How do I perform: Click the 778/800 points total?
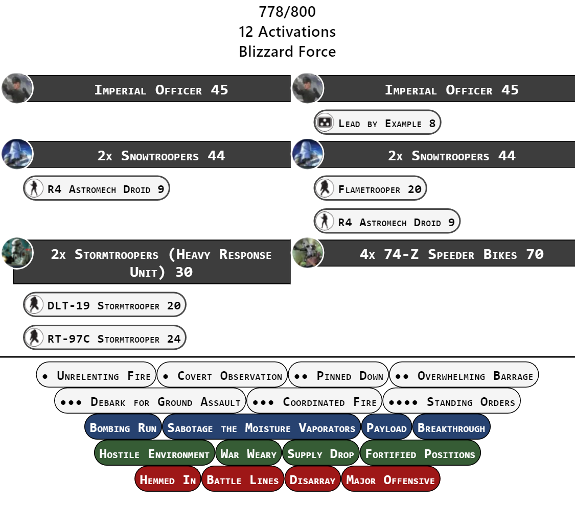287,11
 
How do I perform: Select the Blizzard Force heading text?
287,52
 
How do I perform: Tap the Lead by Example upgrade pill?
377,123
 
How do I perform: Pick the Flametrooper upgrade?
370,189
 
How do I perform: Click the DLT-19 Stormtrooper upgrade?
105,306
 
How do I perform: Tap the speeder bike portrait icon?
308,253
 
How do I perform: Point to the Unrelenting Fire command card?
96,376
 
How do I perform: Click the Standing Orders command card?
452,402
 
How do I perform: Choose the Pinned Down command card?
338,376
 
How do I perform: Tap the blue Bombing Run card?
123,428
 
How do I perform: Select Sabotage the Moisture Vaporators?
261,428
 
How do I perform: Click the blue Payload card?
386,428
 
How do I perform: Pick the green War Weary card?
248,454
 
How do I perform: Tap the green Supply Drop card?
320,454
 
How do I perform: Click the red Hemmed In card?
168,480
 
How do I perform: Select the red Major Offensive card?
390,480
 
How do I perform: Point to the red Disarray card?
312,480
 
